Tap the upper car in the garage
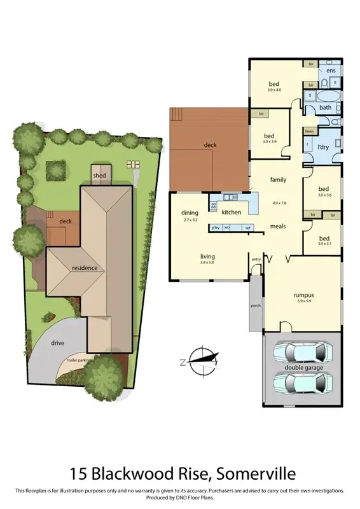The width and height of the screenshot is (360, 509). pyautogui.click(x=301, y=351)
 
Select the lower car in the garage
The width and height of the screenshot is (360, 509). pyautogui.click(x=301, y=384)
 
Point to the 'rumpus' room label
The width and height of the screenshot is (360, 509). pyautogui.click(x=303, y=295)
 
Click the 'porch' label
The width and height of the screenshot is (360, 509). pyautogui.click(x=255, y=305)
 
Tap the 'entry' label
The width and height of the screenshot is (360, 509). pyautogui.click(x=256, y=259)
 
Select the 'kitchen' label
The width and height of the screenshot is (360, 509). pyautogui.click(x=232, y=212)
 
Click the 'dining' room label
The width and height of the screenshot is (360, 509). pyautogui.click(x=190, y=213)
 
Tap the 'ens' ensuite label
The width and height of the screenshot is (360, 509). pyautogui.click(x=331, y=71)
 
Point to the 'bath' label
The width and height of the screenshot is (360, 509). pyautogui.click(x=325, y=108)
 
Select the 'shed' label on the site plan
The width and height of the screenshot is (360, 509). pyautogui.click(x=100, y=175)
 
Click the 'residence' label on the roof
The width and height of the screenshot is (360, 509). pyautogui.click(x=85, y=268)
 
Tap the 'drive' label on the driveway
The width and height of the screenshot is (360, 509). pyautogui.click(x=59, y=344)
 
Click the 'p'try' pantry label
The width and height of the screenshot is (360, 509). pyautogui.click(x=216, y=227)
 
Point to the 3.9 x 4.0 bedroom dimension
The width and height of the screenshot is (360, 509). pyautogui.click(x=274, y=90)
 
